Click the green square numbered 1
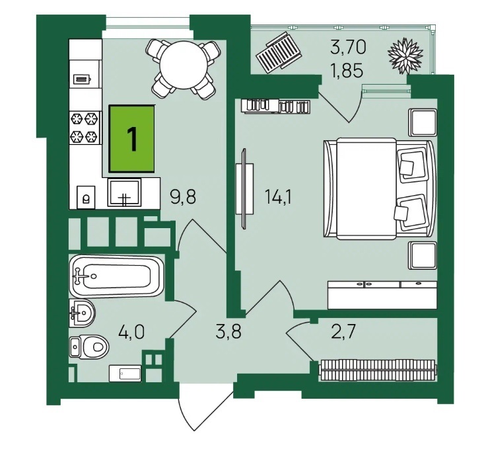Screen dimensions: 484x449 131,138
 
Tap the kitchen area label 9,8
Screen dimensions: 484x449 183,196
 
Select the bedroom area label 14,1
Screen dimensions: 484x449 279,196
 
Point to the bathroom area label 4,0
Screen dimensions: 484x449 131,332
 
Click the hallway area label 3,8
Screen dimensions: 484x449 228,332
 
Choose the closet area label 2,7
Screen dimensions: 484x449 344,332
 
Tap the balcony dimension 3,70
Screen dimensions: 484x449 348,48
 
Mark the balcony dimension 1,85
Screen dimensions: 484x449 346,71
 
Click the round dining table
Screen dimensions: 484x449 184,65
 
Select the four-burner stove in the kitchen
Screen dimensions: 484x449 85,128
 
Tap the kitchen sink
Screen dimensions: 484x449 124,192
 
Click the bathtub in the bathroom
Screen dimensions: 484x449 117,276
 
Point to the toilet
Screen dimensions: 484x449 89,347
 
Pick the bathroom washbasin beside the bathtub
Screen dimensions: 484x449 81,313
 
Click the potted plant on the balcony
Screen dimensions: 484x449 405,56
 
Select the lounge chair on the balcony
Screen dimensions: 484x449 278,52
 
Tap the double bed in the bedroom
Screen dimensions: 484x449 380,188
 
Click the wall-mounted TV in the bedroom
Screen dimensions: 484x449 244,188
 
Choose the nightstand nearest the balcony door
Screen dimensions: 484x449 423,122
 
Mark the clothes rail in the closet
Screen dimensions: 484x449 378,370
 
